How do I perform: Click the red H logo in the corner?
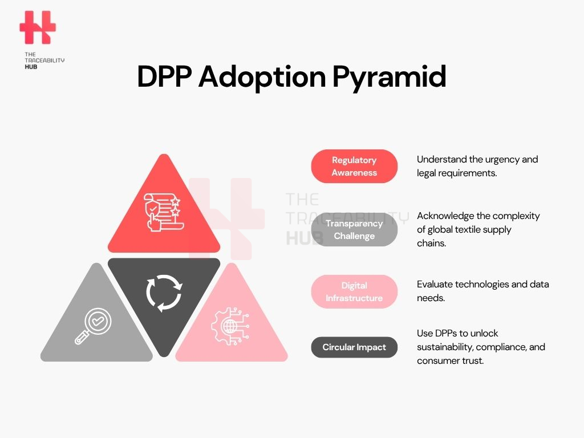[x=38, y=27]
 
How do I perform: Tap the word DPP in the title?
[x=164, y=76]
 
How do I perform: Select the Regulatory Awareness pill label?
[x=354, y=166]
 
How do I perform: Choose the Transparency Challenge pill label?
[x=354, y=229]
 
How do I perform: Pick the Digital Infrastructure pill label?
[x=354, y=291]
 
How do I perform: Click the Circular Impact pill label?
[x=354, y=347]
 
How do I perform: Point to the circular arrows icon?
[x=164, y=293]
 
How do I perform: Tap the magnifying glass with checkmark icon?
[x=93, y=326]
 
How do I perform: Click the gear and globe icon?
[x=230, y=326]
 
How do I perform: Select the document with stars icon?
[x=164, y=212]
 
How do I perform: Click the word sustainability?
[x=445, y=347]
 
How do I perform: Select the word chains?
[x=431, y=243]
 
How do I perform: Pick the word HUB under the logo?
[x=31, y=67]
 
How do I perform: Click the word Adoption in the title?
[x=262, y=78]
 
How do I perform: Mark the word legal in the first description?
[x=426, y=173]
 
